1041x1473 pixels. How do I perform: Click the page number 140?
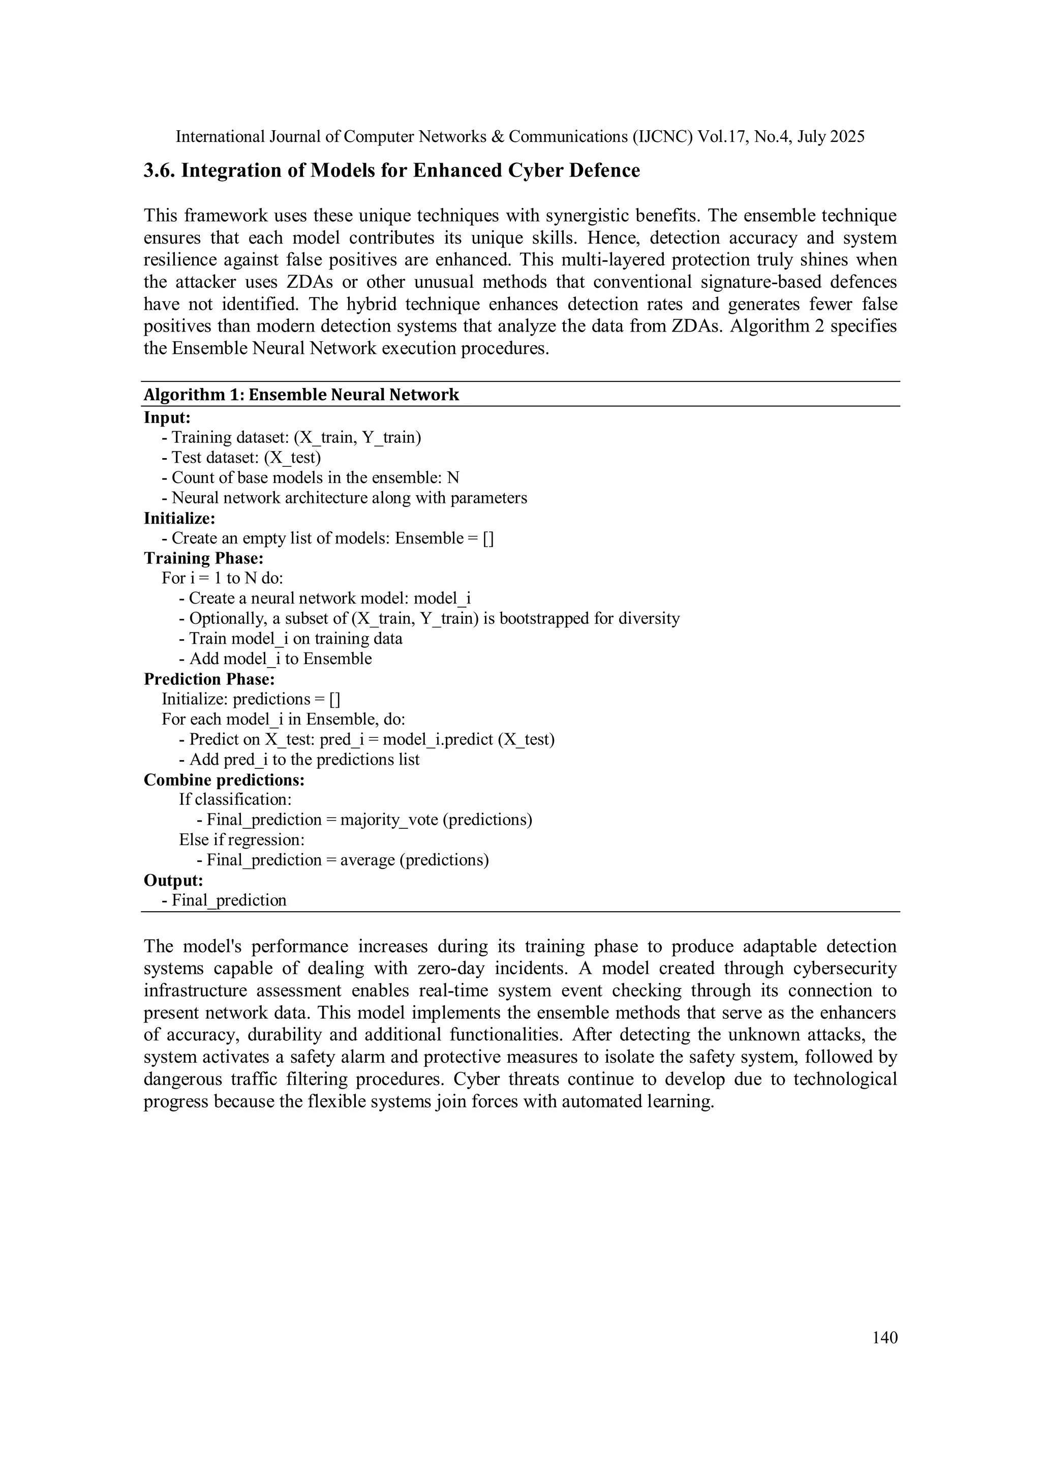point(884,1337)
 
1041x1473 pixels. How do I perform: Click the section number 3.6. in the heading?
point(159,171)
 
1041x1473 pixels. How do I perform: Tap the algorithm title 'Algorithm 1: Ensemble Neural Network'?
point(301,395)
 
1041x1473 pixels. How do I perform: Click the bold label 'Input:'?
point(167,417)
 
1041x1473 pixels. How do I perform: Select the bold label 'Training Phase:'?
point(203,558)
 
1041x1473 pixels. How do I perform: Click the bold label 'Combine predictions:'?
point(224,779)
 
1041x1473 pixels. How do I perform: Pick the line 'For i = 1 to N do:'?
point(222,578)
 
